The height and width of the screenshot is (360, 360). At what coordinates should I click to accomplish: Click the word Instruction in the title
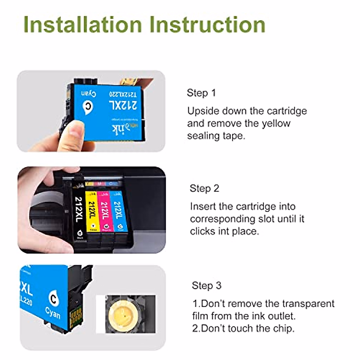click(x=207, y=25)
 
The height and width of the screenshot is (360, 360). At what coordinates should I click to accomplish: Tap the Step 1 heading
click(x=201, y=93)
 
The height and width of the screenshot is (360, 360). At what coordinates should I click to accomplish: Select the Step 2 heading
click(x=204, y=188)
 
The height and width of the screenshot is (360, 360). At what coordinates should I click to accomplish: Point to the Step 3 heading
click(x=206, y=285)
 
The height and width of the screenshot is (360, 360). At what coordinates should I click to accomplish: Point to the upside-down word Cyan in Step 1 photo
click(x=88, y=94)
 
